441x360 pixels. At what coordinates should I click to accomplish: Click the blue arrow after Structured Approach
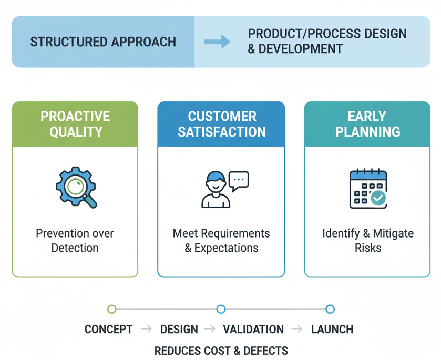tap(217, 42)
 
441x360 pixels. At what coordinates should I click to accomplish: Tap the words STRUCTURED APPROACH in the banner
tap(103, 42)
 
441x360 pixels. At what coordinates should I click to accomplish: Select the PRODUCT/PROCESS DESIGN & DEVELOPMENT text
tap(327, 42)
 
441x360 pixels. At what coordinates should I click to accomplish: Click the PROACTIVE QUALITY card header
tap(75, 124)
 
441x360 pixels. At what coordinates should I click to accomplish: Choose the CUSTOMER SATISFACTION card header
tap(221, 124)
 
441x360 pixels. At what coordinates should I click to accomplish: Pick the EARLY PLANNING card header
tap(367, 124)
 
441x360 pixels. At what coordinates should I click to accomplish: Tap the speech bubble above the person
tap(239, 180)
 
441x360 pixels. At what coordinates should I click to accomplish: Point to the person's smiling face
tap(216, 182)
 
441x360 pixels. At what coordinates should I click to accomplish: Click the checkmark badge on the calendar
tap(378, 198)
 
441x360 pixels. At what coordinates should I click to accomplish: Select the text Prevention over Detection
tap(75, 240)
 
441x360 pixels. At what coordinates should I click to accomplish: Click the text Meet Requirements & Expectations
tap(221, 240)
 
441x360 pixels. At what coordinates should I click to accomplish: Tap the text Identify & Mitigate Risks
tap(367, 240)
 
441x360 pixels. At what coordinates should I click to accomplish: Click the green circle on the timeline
tap(111, 309)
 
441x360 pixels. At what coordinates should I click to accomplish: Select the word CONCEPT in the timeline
tap(108, 330)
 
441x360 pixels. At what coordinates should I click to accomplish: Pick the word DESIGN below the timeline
tap(179, 330)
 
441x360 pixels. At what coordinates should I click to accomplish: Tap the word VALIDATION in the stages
tap(253, 330)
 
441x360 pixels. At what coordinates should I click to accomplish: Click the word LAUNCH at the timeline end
tap(332, 330)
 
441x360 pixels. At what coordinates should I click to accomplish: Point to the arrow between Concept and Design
tap(147, 330)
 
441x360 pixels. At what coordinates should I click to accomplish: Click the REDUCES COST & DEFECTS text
tap(221, 351)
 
